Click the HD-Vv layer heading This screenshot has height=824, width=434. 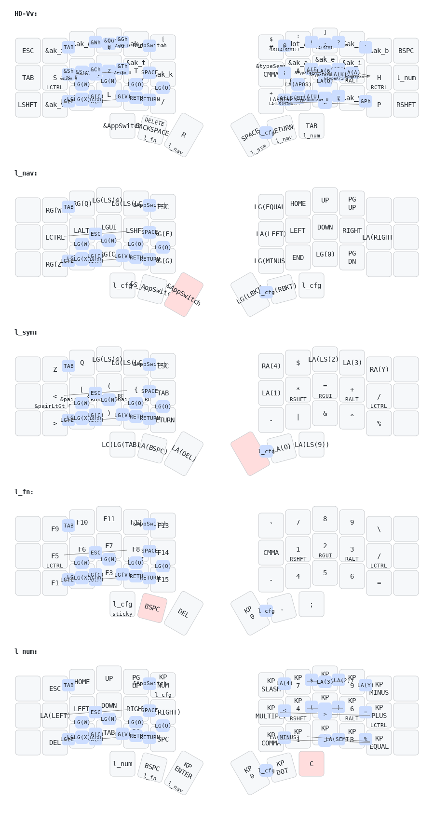coord(26,14)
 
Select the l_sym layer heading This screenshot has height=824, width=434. coord(26,333)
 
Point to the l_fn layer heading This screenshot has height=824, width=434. coord(24,492)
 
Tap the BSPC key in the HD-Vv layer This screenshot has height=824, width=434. coord(406,51)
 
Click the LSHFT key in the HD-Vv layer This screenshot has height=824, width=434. coord(28,105)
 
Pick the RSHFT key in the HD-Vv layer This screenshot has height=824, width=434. coord(406,105)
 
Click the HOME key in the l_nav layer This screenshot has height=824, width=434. coord(298,203)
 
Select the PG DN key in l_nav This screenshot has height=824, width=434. coord(352,257)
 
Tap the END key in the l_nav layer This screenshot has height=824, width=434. coord(298,257)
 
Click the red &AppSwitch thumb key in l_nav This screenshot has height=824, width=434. coord(184,295)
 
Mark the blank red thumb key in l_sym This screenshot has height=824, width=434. coord(250,454)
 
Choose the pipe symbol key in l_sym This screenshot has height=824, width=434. coord(298,417)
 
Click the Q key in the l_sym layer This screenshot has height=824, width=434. coord(82,363)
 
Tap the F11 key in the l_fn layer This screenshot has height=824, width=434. coord(109,519)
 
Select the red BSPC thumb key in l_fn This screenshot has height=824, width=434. coord(152,608)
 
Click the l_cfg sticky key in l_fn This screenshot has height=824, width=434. coord(122,605)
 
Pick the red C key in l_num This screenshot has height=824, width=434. coord(312,764)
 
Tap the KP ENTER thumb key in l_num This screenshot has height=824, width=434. coord(184,773)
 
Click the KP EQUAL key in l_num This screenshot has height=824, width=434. coord(379,743)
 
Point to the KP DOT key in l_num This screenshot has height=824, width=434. coord(282,768)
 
